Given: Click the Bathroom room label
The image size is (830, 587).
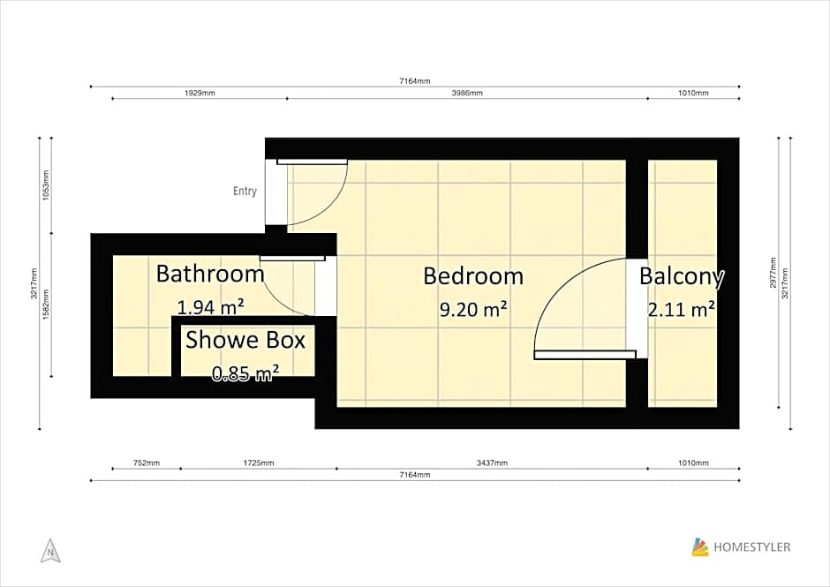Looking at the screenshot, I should point(210,274).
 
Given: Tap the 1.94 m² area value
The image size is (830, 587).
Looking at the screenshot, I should point(210,307).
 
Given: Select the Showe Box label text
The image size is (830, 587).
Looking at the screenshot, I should point(245,340).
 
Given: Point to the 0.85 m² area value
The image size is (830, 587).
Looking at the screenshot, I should point(245,373).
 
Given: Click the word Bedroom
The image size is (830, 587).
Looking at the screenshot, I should point(472,276).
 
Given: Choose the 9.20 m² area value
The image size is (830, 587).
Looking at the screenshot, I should point(472,310).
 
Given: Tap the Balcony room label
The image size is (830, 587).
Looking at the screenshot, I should point(682,276).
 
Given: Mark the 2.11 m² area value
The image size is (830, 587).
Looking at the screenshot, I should point(682,310).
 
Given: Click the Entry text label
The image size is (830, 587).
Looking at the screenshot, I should point(245,191).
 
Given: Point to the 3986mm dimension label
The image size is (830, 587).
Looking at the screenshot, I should point(467,93).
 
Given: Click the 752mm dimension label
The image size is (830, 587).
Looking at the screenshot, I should point(147,463).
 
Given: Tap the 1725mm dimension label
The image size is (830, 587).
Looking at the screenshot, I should point(259,463).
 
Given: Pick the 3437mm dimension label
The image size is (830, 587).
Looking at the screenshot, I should point(492,463).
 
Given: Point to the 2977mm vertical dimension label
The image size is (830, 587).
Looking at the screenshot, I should point(773,273).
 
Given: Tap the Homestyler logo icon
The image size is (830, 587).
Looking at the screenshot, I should point(700,547).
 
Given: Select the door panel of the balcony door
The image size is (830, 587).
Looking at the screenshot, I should point(585,355).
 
